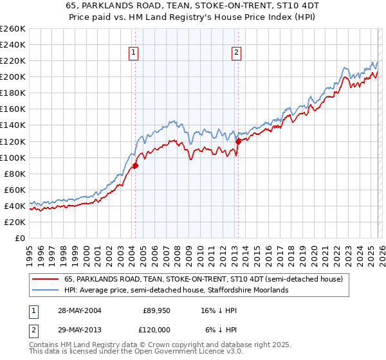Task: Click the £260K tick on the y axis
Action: coord(13,29)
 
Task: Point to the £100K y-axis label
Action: coord(13,157)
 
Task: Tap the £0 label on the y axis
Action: coord(20,238)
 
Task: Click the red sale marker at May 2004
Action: coord(136,165)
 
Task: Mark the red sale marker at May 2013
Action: coord(238,141)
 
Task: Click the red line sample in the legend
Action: coord(46,280)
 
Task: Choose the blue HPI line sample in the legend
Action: coord(46,291)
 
